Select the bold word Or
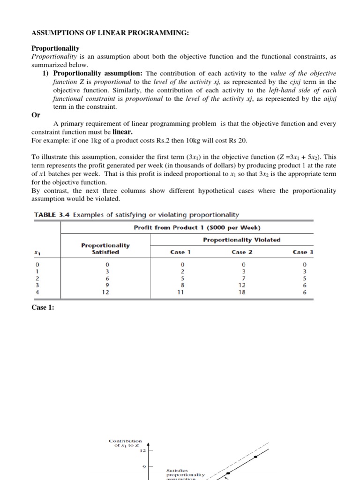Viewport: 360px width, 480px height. (36, 115)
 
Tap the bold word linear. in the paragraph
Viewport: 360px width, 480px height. (125, 132)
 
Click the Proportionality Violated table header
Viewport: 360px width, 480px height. (242, 240)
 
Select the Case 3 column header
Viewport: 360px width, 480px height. (303, 252)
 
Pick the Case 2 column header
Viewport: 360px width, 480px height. (242, 252)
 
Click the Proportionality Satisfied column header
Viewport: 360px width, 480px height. (105, 248)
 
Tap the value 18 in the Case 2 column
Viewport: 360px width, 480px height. (242, 291)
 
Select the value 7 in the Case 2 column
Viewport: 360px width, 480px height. (242, 277)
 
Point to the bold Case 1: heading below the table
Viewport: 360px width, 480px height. (43, 308)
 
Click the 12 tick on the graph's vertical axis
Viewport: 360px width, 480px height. (143, 450)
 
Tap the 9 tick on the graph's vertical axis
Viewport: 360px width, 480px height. (144, 466)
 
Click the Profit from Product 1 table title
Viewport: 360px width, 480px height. (197, 227)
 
